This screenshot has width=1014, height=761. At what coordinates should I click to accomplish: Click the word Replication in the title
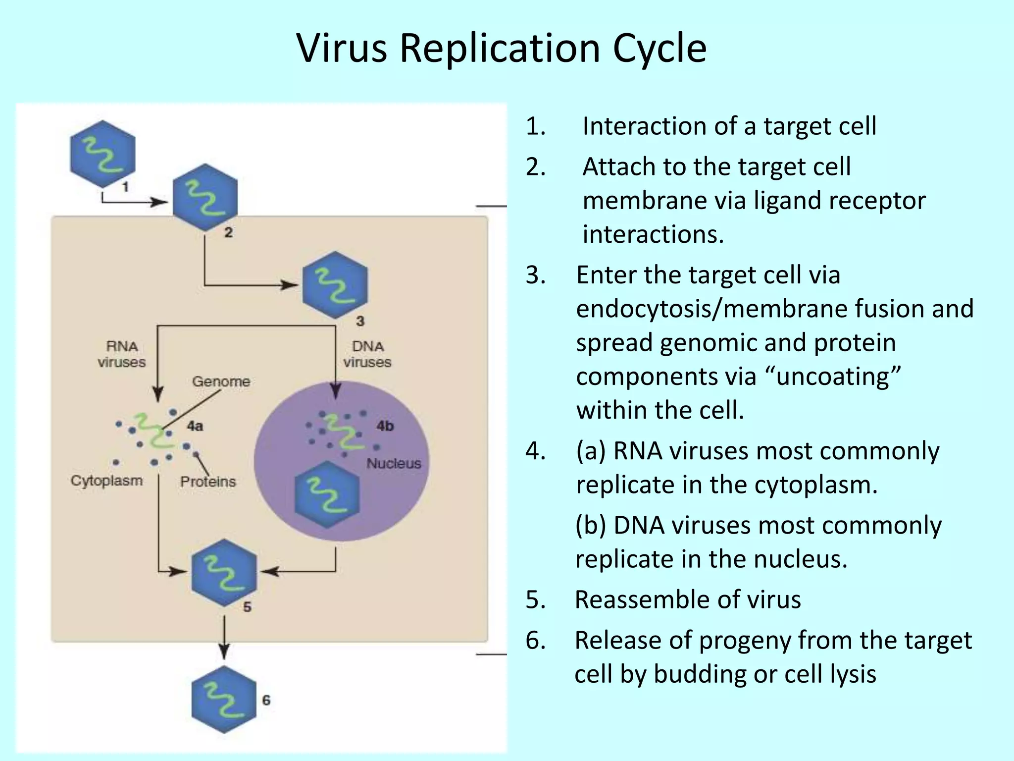(x=500, y=48)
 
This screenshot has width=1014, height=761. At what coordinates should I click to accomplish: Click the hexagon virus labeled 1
(x=102, y=154)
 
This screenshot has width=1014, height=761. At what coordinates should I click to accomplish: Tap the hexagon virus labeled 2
(x=205, y=197)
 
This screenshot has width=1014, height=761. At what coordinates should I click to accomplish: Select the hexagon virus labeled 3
(x=335, y=285)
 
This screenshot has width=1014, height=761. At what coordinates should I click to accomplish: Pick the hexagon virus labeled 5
(x=224, y=573)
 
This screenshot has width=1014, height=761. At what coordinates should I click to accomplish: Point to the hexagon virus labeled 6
(x=224, y=700)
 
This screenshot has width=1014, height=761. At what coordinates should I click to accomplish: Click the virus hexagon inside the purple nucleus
(x=327, y=494)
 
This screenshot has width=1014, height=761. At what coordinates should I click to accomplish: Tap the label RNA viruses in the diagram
(x=122, y=354)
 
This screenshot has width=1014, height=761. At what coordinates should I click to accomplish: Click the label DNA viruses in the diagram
(x=367, y=354)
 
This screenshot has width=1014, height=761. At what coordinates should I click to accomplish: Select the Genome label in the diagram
(x=221, y=381)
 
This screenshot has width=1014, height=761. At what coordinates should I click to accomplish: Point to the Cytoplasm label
(x=106, y=481)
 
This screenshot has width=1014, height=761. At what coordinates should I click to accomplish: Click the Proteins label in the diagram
(x=208, y=482)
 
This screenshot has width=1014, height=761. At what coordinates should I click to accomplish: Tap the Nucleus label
(x=394, y=463)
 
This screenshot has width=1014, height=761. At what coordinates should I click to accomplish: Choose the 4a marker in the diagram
(x=195, y=426)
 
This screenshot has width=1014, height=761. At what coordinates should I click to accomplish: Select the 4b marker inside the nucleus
(x=385, y=426)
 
